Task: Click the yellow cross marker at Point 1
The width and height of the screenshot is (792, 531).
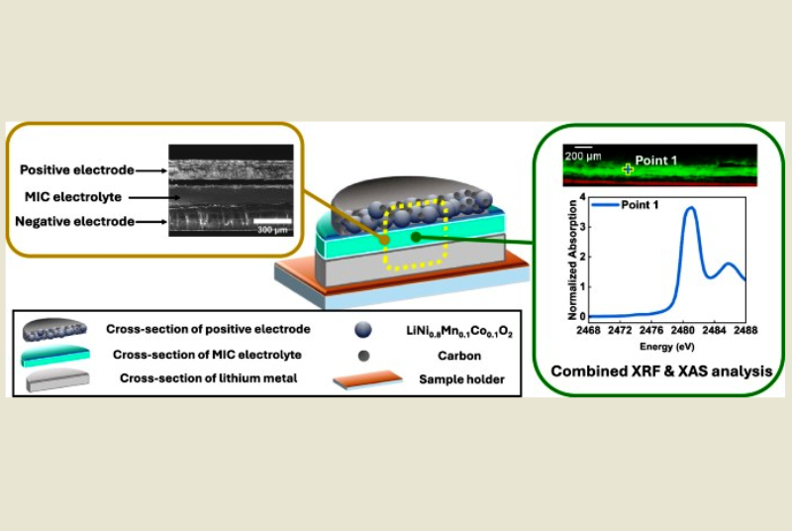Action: pyautogui.click(x=627, y=169)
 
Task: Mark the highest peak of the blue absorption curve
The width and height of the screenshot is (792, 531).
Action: pyautogui.click(x=690, y=208)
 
